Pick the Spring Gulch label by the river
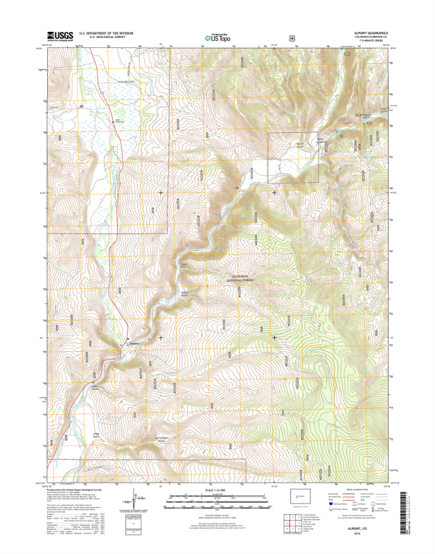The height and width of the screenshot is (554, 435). [185, 294]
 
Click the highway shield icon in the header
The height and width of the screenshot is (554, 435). [292, 38]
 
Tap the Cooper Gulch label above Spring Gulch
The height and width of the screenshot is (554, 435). [184, 265]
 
